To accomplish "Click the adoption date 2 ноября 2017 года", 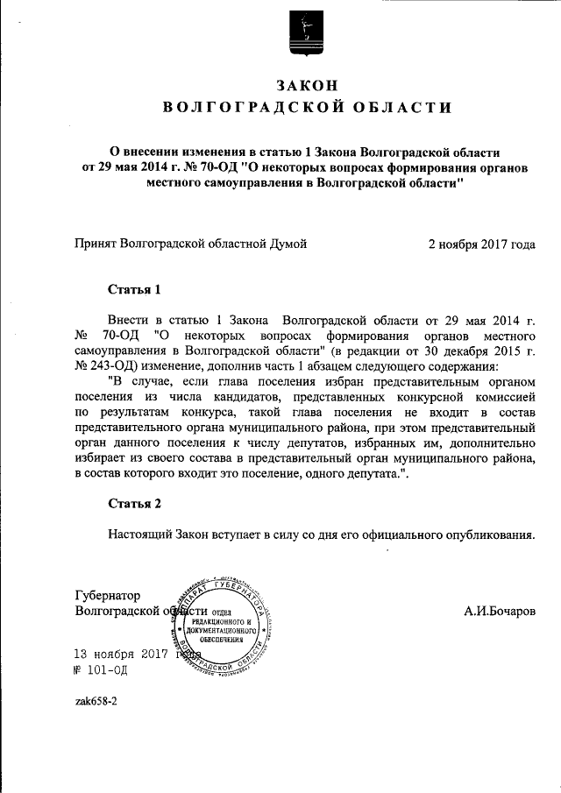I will pos(481,244).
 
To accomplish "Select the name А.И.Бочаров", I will pos(500,610).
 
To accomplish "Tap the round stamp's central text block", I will pos(223,625).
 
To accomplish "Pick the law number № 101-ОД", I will pos(102,670).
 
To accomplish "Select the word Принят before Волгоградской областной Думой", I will pos(96,244).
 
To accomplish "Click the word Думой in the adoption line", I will pos(288,244).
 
